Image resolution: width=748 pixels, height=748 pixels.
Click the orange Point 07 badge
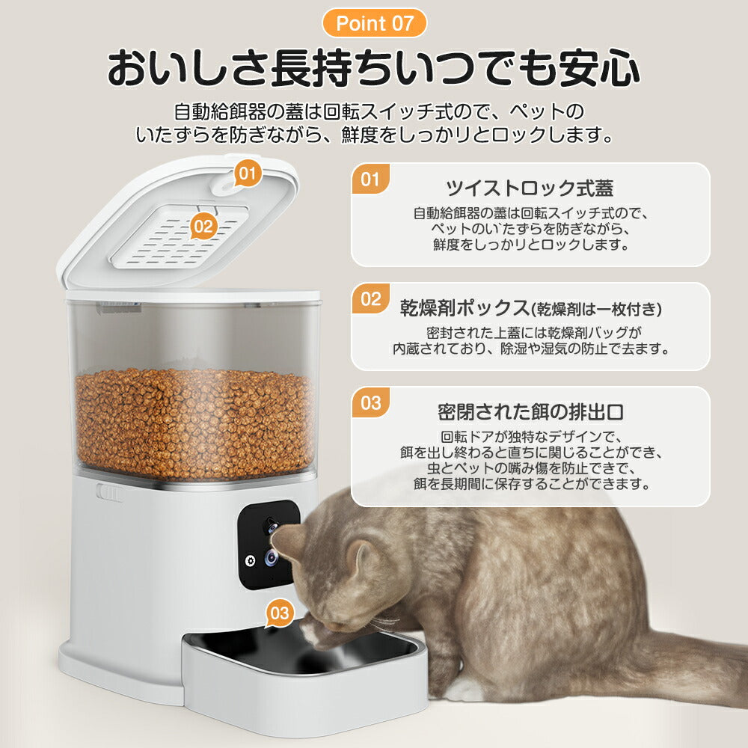click(374, 23)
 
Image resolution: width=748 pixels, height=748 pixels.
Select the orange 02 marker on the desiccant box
click(203, 225)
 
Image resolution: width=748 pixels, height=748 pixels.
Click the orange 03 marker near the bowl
click(279, 613)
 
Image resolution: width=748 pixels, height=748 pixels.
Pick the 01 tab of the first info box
click(370, 180)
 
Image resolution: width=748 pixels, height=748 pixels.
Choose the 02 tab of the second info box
click(370, 299)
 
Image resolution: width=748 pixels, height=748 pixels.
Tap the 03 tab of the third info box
click(370, 403)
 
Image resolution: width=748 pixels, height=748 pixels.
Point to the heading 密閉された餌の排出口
click(530, 411)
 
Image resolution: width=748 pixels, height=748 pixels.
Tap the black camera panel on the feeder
click(269, 545)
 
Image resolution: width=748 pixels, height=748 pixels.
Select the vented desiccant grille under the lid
click(180, 238)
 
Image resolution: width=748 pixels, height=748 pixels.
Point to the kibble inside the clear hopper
click(194, 423)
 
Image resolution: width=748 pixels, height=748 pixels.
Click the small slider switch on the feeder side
click(109, 494)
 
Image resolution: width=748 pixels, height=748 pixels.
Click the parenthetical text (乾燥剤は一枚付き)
click(595, 308)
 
